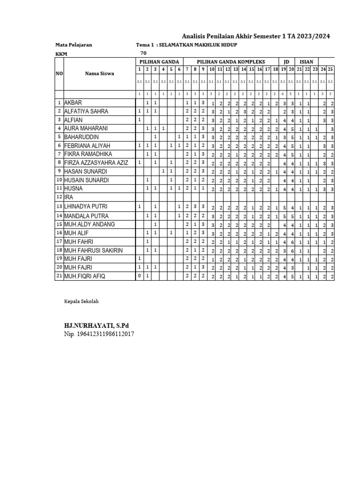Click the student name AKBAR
coord(75,103)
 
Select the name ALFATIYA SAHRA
coord(86,112)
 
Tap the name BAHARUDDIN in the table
coord(82,137)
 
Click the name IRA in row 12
coord(69,197)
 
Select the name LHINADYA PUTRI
coord(86,207)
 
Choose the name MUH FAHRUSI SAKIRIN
coord(93,250)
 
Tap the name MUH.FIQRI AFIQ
coord(85,276)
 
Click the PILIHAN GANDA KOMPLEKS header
coord(231,62)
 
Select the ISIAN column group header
coord(307,62)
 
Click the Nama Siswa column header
coord(99,73)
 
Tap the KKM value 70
coord(143,53)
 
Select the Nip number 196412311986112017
coord(99,334)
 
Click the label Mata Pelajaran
coord(74,45)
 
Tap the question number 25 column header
coord(330,69)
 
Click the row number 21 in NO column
coord(59,276)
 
